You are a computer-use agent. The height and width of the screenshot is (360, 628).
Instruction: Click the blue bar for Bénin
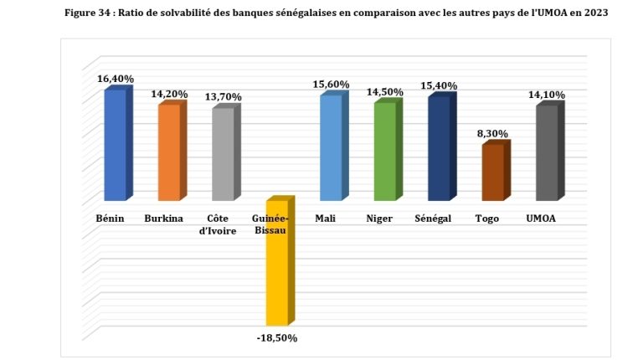pyautogui.click(x=116, y=145)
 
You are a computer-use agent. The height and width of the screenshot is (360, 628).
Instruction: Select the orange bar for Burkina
pyautogui.click(x=169, y=152)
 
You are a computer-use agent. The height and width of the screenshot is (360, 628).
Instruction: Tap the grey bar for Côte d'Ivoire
pyautogui.click(x=224, y=154)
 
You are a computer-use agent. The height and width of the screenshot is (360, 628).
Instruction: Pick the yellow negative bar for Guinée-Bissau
pyautogui.click(x=277, y=263)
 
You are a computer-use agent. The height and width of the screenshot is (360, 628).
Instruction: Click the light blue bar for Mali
pyautogui.click(x=331, y=148)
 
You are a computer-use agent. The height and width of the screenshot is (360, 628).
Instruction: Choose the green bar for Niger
pyautogui.click(x=384, y=152)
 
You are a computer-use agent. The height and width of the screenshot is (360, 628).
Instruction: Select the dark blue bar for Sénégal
pyautogui.click(x=439, y=149)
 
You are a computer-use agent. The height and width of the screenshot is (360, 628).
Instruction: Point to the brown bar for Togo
pyautogui.click(x=492, y=172)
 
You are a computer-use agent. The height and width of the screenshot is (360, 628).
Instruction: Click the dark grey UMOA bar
pyautogui.click(x=546, y=153)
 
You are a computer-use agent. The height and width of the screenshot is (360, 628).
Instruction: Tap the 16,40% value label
pyautogui.click(x=115, y=79)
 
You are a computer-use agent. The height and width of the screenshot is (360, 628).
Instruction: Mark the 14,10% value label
pyautogui.click(x=546, y=95)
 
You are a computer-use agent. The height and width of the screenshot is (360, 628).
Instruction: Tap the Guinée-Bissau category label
pyautogui.click(x=270, y=224)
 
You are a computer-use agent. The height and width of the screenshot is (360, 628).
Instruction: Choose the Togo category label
pyautogui.click(x=486, y=219)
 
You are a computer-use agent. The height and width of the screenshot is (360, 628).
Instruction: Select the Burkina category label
pyautogui.click(x=163, y=219)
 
